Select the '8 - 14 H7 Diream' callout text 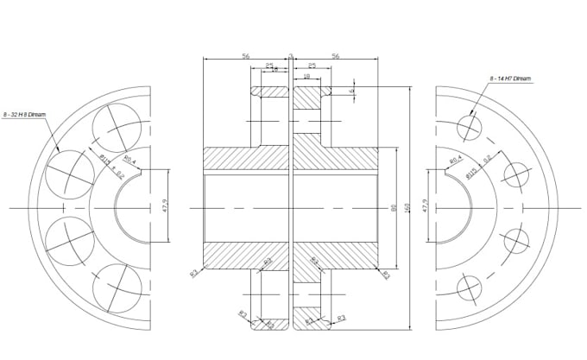point(510,79)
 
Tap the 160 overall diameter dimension point(407,207)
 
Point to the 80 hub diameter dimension point(394,207)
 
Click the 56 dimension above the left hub point(246,55)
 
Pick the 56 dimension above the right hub point(336,55)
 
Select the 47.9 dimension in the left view point(165,207)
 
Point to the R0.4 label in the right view point(455,160)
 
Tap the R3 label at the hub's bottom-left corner point(194,274)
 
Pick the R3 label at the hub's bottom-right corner point(386,275)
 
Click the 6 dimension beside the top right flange point(352,91)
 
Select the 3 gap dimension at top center point(291,55)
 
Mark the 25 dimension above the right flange point(312,66)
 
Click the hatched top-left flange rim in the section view point(270,92)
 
